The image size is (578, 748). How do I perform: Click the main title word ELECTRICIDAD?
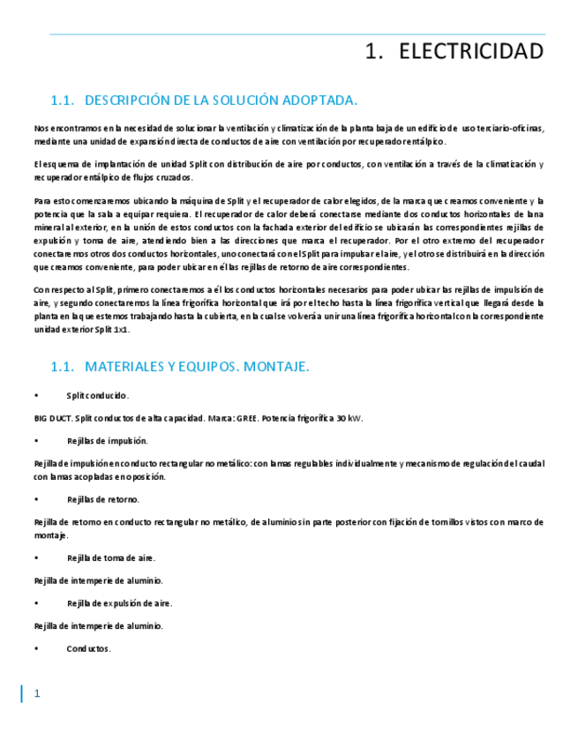coord(471,52)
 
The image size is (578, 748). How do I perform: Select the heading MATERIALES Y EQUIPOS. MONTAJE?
coord(197,367)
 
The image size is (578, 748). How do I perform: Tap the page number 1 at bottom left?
coord(37,694)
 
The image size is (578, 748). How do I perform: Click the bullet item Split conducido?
coord(97,395)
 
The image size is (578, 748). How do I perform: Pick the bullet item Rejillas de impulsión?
coord(107,440)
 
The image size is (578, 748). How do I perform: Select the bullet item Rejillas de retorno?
coord(102,499)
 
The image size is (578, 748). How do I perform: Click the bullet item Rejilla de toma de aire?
coord(110,557)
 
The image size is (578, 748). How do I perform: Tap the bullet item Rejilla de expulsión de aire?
coord(119,603)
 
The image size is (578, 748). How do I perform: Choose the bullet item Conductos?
coord(88,648)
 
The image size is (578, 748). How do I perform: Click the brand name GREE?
coord(246,418)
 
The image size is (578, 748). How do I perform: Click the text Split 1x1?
coord(109,329)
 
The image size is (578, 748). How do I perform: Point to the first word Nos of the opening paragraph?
coord(41,128)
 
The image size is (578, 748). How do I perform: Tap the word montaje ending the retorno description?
coord(50,535)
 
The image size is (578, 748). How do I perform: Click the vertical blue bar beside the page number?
coord(22,694)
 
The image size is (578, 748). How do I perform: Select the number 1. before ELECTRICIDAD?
coord(374,52)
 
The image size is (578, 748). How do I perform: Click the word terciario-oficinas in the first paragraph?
coord(511,128)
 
